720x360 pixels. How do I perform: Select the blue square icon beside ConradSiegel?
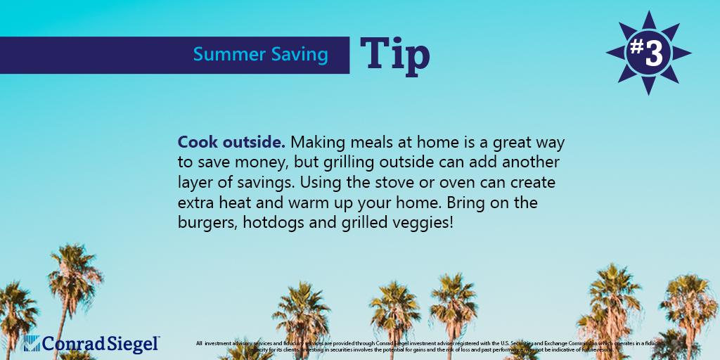point(31,343)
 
